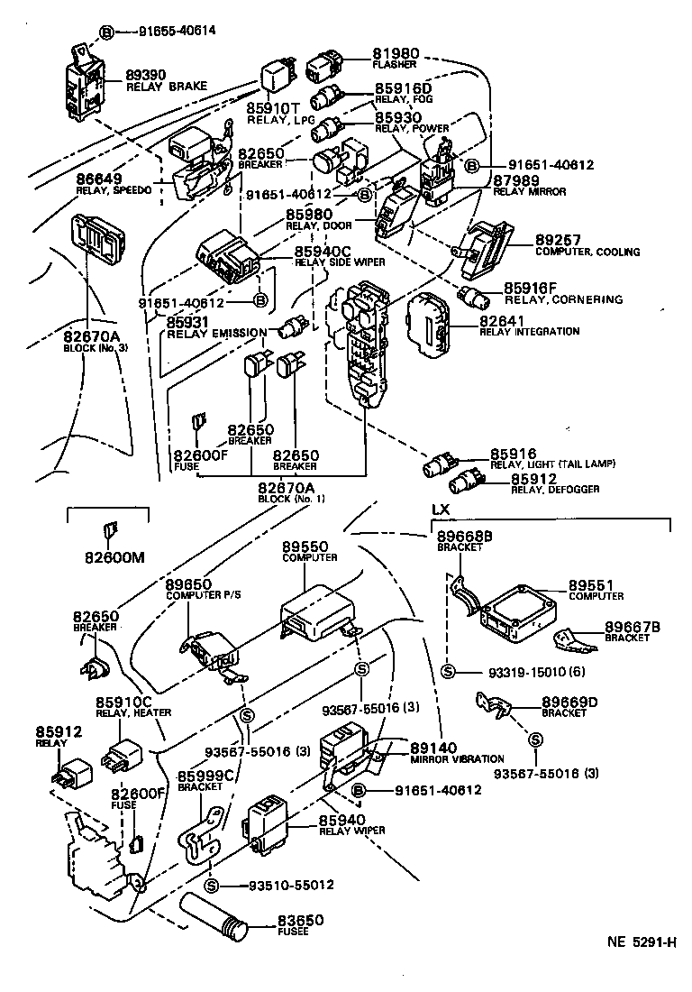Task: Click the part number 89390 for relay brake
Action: click(x=146, y=75)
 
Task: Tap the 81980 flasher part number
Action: click(x=396, y=54)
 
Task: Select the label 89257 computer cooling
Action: click(x=556, y=240)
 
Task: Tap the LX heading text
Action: click(x=440, y=510)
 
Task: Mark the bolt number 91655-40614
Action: click(x=178, y=31)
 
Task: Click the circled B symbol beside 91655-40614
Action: click(x=106, y=31)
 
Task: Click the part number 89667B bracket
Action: click(x=633, y=626)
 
